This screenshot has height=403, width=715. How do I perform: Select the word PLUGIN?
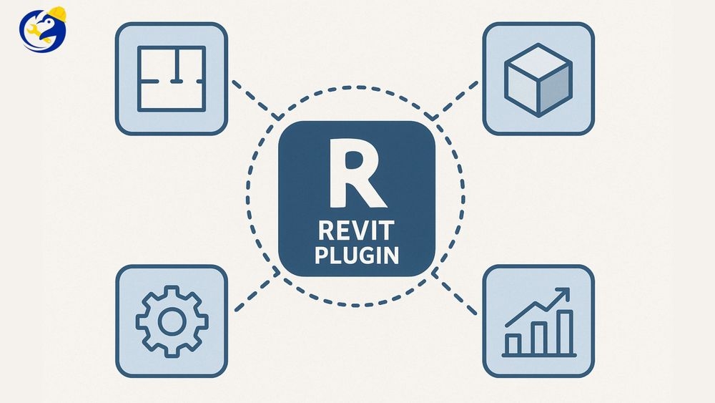pos(355,256)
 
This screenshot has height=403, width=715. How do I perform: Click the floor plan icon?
pos(171,79)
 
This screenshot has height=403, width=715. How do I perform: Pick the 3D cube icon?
pos(538,79)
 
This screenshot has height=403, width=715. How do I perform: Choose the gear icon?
pos(172,321)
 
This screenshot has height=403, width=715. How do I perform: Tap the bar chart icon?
pos(538,321)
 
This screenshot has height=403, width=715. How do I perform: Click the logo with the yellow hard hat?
pos(42,29)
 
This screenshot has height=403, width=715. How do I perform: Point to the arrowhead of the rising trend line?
pos(564,293)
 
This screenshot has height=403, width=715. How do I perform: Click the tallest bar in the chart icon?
pos(565,332)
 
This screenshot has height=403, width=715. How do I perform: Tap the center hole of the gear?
pos(172,322)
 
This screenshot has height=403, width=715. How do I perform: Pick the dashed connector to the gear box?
pos(254,293)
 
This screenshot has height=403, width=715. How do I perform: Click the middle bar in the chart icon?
pos(538,338)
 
